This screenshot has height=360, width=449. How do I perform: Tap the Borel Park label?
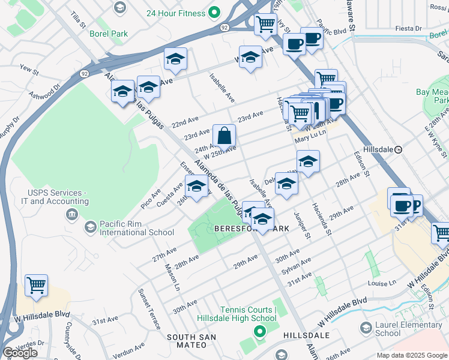(x=109, y=34)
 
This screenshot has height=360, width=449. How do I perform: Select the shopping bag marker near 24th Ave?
(x=224, y=136)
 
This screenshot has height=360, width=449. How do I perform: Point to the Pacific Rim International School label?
(x=137, y=227)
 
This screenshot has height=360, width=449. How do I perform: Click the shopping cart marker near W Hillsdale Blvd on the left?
(x=37, y=286)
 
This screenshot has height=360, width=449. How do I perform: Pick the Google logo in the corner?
(x=20, y=353)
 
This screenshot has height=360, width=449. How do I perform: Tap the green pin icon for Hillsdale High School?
(x=259, y=331)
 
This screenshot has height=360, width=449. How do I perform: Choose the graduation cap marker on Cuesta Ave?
(x=196, y=187)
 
